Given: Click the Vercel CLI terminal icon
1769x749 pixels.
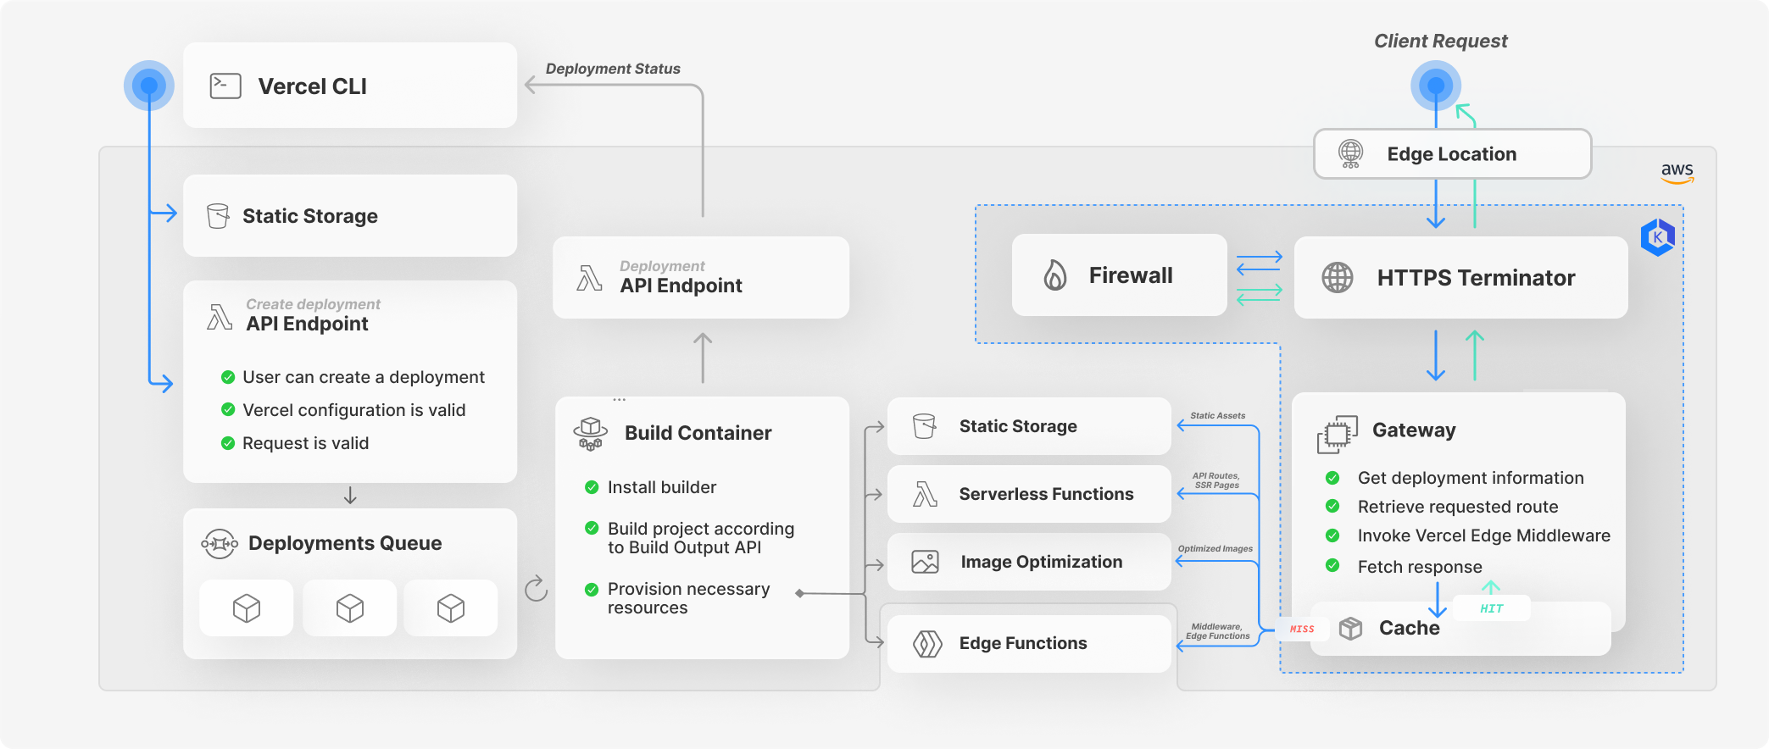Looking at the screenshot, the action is (225, 86).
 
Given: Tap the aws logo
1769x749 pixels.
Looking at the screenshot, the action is (1677, 172).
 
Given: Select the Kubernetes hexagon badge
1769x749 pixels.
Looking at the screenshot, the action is (1657, 237).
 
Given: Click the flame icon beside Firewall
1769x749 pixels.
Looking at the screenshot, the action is (1054, 275).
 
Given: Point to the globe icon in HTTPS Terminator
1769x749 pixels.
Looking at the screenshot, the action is (1338, 278).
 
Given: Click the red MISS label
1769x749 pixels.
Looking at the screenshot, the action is (1302, 629).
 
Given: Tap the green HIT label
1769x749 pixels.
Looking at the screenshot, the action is (1491, 608).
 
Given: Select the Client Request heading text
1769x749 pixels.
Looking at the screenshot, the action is (1440, 41).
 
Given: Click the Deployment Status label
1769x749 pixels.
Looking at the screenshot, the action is (613, 69).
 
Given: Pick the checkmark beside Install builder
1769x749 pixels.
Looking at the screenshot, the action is (592, 487).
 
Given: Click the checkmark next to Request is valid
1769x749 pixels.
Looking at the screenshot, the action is (228, 443).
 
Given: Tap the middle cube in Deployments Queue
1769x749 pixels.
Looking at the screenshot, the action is (349, 608).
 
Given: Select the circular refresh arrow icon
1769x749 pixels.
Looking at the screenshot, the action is (537, 588).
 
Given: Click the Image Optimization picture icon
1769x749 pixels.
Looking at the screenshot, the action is (925, 562).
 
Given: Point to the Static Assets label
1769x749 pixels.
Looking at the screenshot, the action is (1217, 416).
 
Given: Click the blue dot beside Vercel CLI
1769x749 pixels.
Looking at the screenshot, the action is (149, 86).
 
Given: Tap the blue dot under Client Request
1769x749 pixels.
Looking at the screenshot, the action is (1436, 86).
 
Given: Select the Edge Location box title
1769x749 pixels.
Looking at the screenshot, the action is (1451, 154).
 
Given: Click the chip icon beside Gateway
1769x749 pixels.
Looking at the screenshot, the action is (1338, 434).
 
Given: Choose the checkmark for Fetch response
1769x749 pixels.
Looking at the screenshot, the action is (1332, 565).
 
